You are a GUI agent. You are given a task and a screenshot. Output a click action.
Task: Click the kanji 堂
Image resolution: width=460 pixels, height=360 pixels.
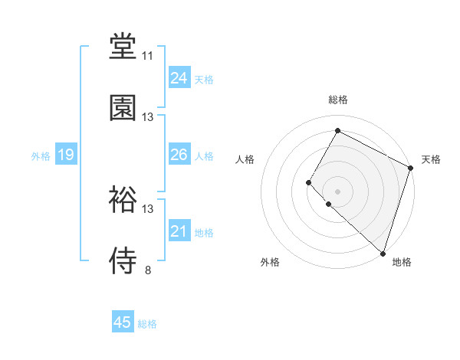pyautogui.click(x=123, y=47)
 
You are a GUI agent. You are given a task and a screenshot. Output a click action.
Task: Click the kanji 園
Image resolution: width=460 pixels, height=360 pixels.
pyautogui.click(x=123, y=107)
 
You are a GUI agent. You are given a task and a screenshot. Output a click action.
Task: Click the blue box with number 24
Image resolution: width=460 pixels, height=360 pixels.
pyautogui.click(x=179, y=78)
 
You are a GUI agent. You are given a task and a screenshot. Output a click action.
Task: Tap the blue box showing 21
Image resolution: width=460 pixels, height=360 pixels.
pyautogui.click(x=179, y=231)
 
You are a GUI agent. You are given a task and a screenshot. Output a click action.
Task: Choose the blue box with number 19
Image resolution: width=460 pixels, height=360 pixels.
pyautogui.click(x=65, y=155)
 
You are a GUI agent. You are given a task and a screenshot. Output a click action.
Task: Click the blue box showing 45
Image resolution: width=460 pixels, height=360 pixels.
pyautogui.click(x=123, y=322)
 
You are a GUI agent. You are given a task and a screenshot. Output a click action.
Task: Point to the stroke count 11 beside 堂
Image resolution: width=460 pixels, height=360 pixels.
pyautogui.click(x=147, y=56)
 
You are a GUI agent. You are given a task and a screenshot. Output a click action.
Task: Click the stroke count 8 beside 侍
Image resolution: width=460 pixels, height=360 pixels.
pyautogui.click(x=147, y=270)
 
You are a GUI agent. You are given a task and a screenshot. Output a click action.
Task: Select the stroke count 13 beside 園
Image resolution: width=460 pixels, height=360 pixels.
pyautogui.click(x=147, y=117)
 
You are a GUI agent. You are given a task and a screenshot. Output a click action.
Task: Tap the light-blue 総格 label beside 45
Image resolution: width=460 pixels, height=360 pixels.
pyautogui.click(x=147, y=324)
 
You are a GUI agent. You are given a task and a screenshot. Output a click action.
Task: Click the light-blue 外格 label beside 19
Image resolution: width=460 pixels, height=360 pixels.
pyautogui.click(x=41, y=156)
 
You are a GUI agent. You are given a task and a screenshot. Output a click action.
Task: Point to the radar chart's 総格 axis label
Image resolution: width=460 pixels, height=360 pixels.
pyautogui.click(x=338, y=100)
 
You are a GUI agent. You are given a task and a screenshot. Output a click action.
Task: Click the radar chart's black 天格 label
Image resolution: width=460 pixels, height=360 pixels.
pyautogui.click(x=431, y=159)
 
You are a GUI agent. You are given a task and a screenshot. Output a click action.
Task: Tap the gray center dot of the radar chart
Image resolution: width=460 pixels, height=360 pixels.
pyautogui.click(x=338, y=191)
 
